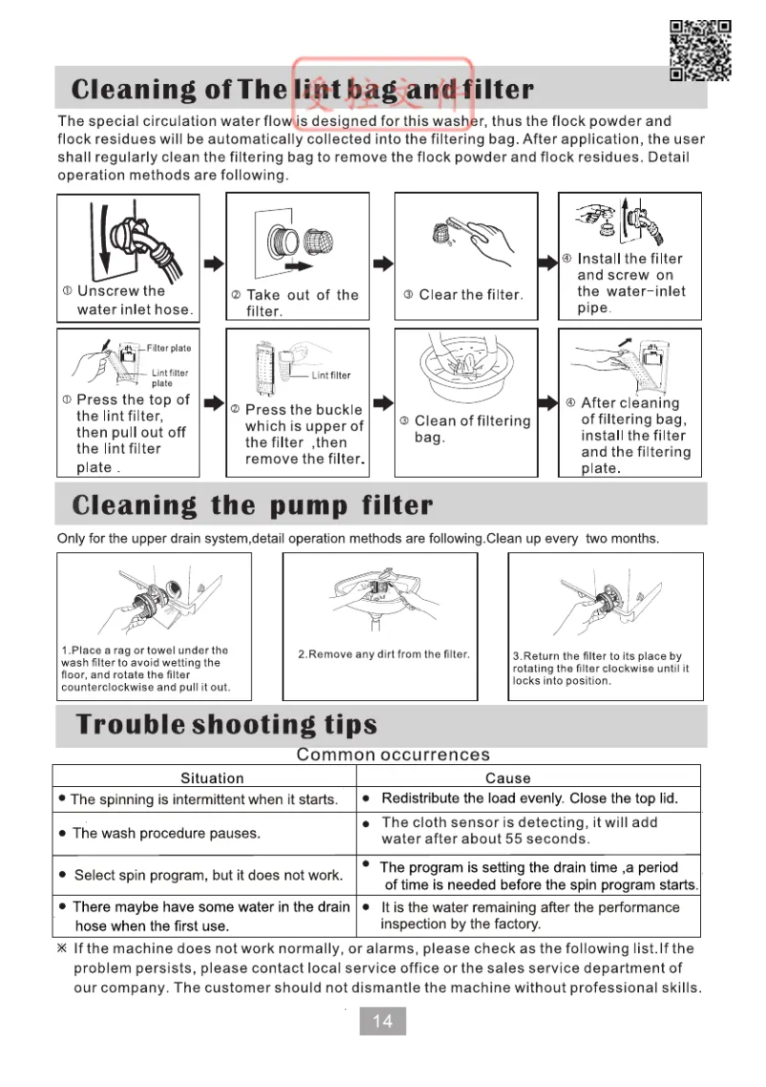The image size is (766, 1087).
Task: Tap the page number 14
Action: coord(382,1021)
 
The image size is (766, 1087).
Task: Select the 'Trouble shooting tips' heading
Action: coord(226,724)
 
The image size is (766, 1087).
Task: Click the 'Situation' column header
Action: coord(212,778)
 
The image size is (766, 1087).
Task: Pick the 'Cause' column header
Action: coord(507,778)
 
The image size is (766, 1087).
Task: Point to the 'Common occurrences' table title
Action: coord(393,756)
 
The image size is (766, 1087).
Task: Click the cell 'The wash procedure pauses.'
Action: coord(166,833)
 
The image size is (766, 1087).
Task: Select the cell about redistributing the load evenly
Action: coord(529,799)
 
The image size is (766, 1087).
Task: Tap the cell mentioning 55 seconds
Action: coord(519,831)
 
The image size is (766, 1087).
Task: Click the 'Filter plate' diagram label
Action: coord(169,349)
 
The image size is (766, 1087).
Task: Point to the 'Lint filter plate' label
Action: coord(169,378)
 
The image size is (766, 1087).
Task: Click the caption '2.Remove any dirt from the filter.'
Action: coord(384,654)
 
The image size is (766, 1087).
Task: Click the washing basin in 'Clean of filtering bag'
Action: coord(464,368)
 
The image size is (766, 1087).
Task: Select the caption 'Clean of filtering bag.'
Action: coord(471,429)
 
